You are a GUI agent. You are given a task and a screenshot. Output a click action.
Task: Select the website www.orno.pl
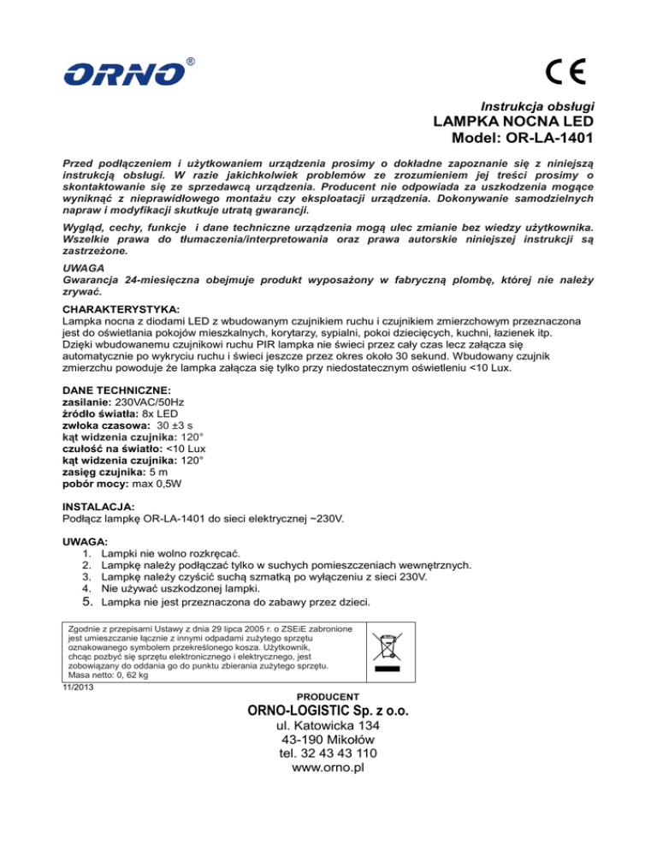328,768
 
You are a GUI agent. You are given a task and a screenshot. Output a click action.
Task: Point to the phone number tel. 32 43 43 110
328,753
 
